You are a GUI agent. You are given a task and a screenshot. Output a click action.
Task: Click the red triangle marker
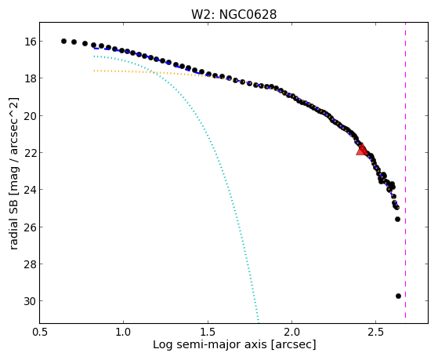tap(362, 150)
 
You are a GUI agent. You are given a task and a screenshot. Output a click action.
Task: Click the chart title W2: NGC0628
tap(233, 15)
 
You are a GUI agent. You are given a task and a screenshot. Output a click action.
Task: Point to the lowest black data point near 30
tap(398, 296)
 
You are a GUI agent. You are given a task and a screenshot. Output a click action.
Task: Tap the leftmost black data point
tap(63, 41)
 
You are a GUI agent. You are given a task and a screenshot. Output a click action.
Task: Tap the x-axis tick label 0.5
tap(40, 332)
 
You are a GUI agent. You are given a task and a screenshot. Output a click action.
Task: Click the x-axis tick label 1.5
tap(208, 332)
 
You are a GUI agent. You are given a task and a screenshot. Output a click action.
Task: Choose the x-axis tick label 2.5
tap(376, 332)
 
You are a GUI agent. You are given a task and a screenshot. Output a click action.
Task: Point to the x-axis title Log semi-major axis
tap(210, 344)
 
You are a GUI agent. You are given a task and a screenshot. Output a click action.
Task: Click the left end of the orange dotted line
tap(94, 71)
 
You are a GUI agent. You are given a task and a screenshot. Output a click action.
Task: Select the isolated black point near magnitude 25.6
tap(397, 220)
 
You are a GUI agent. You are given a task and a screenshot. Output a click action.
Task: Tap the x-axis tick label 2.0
tap(292, 332)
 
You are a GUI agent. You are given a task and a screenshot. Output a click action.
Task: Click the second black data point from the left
tap(74, 42)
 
